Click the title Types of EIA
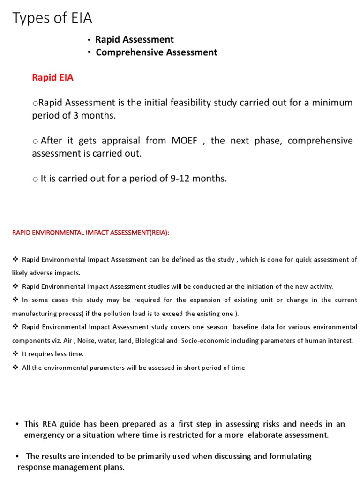click(52, 18)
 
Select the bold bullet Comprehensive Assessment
click(157, 52)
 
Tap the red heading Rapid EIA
click(52, 78)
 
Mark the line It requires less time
click(52, 354)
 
